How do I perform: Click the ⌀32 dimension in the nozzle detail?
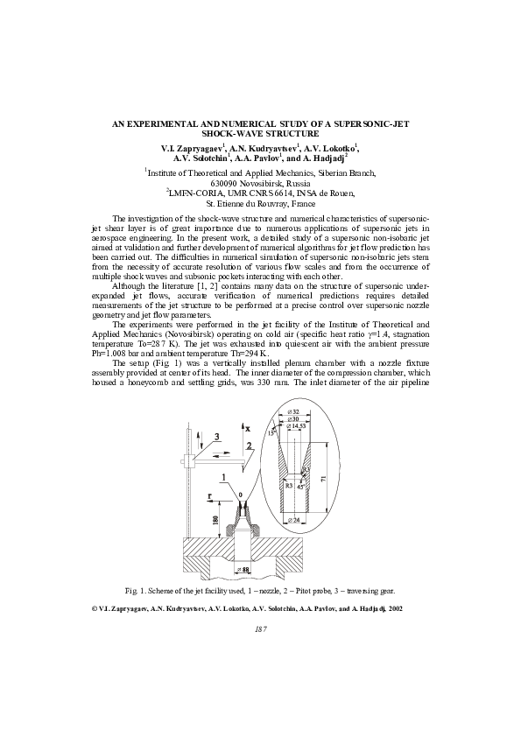(295, 411)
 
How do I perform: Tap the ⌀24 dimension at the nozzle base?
(293, 520)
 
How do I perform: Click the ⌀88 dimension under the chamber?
(243, 569)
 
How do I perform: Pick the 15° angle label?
(271, 433)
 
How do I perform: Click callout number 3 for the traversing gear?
(217, 437)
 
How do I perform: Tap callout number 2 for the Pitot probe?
(249, 446)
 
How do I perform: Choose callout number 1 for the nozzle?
(224, 477)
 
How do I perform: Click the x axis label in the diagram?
(248, 428)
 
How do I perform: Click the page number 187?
(261, 629)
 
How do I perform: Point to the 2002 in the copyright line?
(395, 608)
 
